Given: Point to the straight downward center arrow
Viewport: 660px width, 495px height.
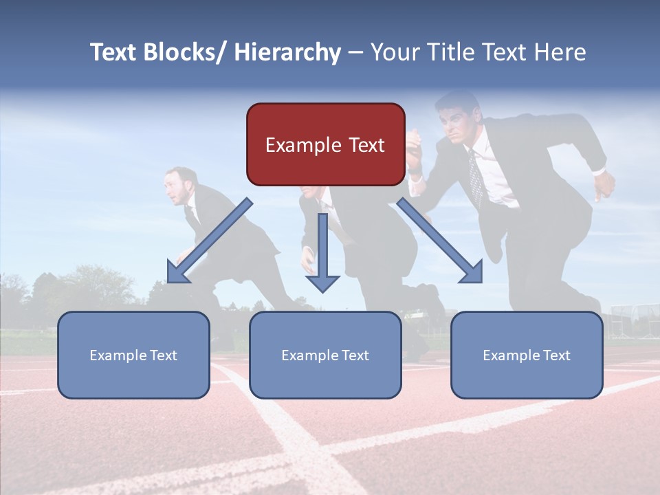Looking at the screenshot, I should [x=322, y=254].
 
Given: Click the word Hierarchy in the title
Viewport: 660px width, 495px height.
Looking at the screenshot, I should [x=287, y=52].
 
